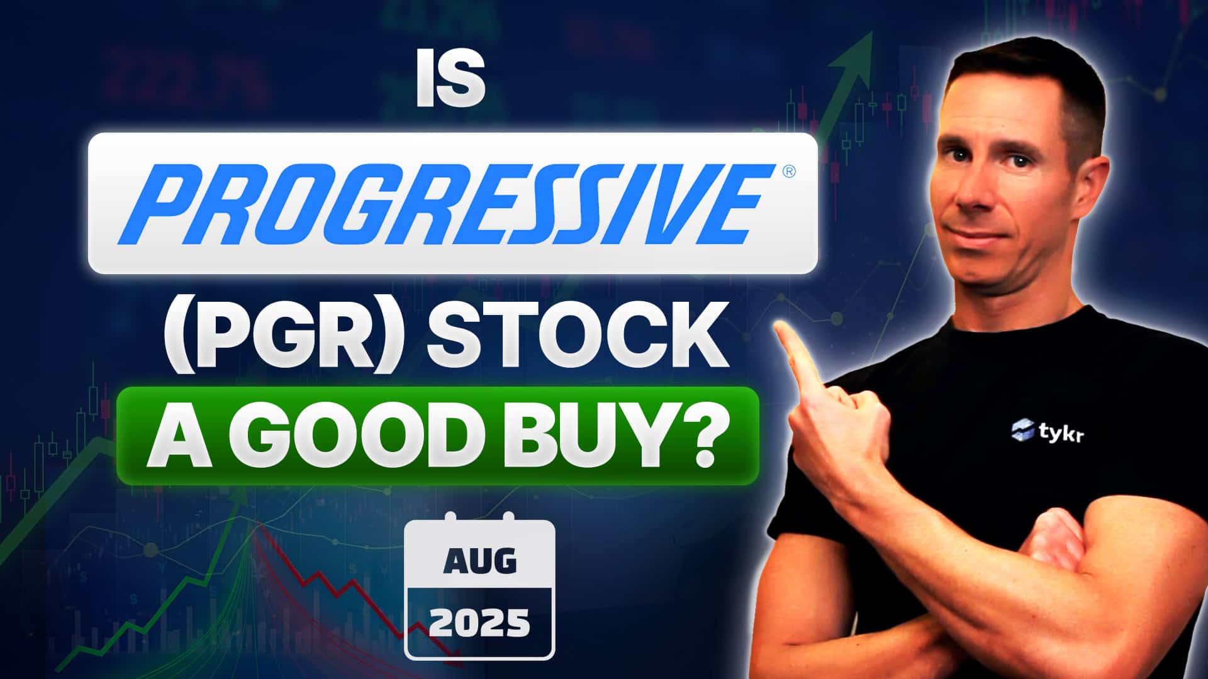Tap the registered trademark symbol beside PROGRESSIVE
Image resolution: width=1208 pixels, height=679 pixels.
pyautogui.click(x=789, y=171)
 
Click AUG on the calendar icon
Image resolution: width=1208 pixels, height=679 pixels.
pyautogui.click(x=479, y=561)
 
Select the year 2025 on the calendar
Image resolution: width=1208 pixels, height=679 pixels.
pyautogui.click(x=479, y=624)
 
